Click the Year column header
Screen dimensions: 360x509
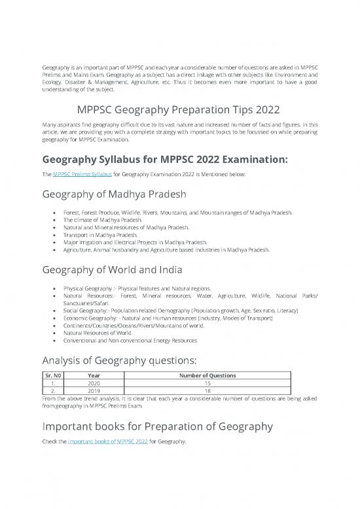point(94,376)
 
